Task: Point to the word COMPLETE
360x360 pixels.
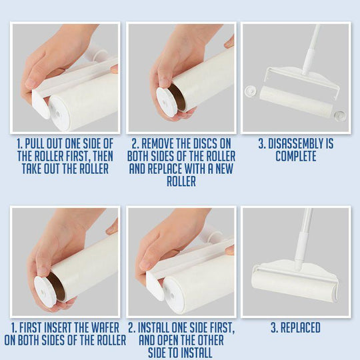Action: [296, 157]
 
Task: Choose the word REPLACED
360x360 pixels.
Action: [301, 327]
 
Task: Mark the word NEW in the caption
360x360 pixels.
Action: [224, 169]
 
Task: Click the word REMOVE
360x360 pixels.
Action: [157, 144]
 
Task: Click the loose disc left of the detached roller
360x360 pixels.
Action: [251, 91]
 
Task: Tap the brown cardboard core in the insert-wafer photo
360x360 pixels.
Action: [56, 287]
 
